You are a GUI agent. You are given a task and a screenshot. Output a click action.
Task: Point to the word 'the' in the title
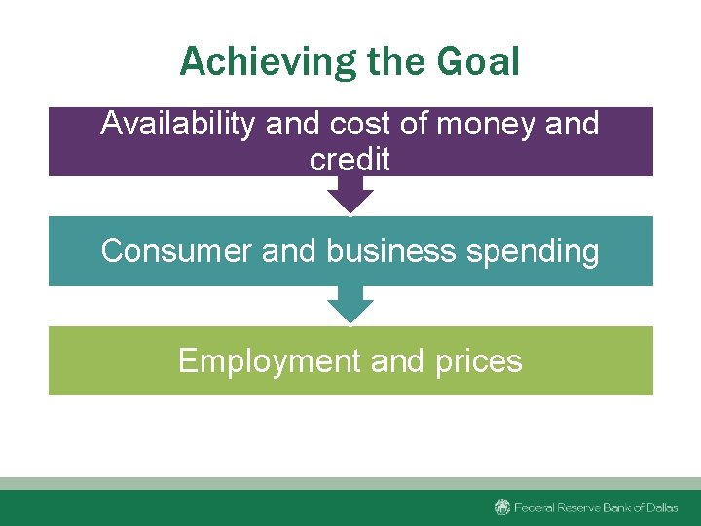[x=397, y=62]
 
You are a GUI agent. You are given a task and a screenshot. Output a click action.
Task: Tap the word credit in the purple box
[x=350, y=160]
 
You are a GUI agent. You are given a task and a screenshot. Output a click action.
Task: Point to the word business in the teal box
[x=391, y=251]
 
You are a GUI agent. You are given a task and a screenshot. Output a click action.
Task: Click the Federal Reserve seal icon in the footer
[x=502, y=507]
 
